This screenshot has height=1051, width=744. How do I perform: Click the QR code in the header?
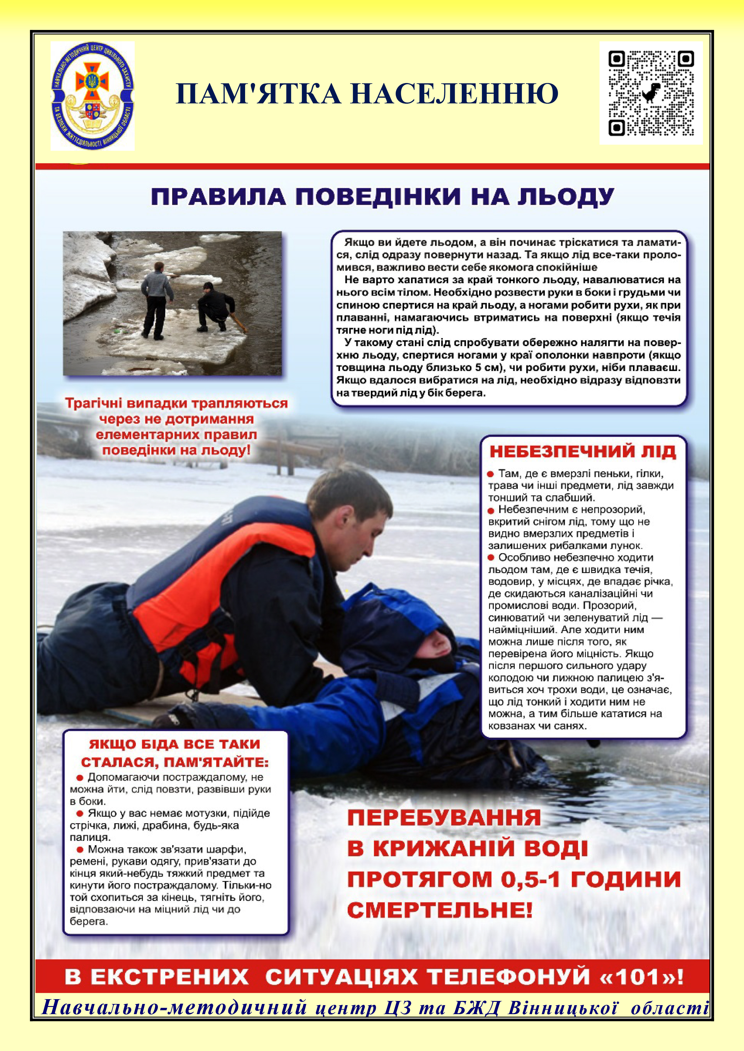[650, 94]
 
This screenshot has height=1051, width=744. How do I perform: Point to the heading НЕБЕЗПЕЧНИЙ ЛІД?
[583, 452]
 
